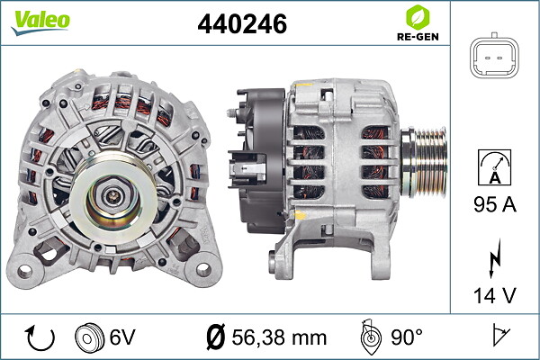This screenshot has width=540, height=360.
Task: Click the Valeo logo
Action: (x=40, y=22)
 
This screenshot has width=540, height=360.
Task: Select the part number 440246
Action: (x=242, y=23)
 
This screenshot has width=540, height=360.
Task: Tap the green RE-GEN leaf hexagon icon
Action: (x=418, y=17)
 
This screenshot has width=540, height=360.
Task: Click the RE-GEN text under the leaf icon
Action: (x=418, y=37)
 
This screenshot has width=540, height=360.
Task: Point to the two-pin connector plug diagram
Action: (x=494, y=56)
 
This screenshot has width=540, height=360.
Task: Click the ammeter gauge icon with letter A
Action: (x=494, y=167)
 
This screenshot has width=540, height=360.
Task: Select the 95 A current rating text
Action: (x=495, y=204)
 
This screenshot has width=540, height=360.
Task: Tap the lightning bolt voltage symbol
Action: (x=495, y=258)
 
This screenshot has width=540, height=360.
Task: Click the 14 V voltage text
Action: (x=495, y=295)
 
